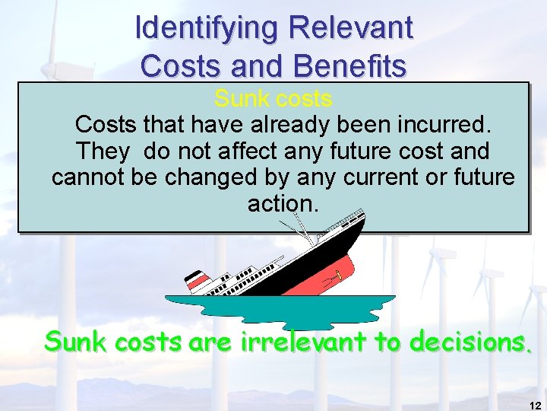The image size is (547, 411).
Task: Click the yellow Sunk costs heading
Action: [x=273, y=99]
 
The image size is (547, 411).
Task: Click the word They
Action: [x=103, y=151]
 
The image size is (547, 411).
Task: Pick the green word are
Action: [x=213, y=344]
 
